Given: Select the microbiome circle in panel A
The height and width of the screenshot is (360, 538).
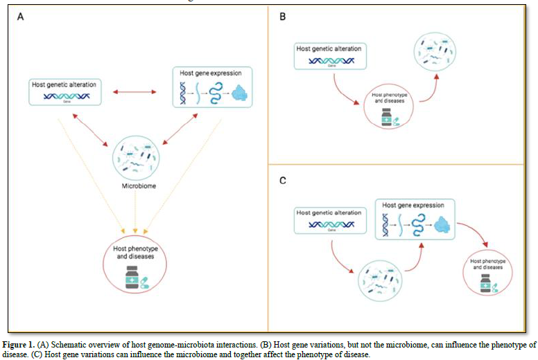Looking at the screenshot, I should point(135,156).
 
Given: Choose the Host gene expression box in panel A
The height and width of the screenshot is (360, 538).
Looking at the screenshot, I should point(211,87).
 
